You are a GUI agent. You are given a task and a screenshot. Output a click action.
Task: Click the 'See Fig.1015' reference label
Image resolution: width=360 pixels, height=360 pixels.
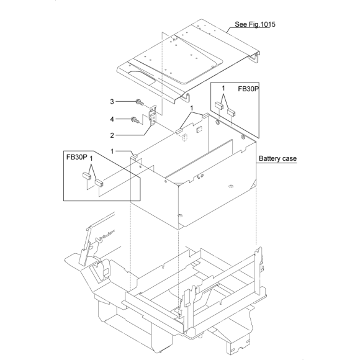(255, 24)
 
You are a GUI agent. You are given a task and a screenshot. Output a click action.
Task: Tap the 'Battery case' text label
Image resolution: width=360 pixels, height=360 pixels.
(277, 159)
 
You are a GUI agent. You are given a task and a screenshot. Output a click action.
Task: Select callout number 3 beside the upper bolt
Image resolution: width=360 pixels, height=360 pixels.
(112, 101)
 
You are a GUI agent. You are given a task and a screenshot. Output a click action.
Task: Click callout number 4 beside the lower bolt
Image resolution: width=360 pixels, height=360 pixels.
(112, 119)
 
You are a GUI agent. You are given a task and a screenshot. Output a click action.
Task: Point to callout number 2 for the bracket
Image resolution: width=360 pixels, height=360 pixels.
(112, 135)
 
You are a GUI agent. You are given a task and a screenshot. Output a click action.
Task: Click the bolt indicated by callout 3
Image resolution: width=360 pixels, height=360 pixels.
(140, 102)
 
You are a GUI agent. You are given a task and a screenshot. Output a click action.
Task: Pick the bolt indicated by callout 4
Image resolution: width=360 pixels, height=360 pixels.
(134, 119)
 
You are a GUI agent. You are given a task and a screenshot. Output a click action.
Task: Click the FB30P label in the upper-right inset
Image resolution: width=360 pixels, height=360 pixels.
(248, 89)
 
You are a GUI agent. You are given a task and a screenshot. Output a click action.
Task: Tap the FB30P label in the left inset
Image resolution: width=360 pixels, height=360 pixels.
(77, 157)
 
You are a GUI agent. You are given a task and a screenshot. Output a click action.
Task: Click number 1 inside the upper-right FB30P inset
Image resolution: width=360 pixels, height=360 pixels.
(223, 88)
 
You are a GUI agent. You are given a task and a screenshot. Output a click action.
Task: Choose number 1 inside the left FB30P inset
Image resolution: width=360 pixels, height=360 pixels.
(91, 159)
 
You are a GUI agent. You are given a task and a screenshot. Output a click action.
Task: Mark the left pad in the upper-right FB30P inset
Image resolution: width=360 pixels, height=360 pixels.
(219, 106)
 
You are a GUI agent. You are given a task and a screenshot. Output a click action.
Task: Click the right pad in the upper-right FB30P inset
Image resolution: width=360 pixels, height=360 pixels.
(231, 112)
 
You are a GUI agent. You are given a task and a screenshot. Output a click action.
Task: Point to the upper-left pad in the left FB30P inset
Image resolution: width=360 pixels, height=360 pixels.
(87, 176)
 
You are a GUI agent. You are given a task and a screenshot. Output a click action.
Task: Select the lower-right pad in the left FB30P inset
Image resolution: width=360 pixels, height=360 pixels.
(99, 182)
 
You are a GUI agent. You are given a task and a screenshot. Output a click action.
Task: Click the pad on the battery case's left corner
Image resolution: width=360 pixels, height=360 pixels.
(134, 156)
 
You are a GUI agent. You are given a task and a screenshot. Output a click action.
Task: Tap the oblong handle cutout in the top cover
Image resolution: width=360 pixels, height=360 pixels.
(142, 78)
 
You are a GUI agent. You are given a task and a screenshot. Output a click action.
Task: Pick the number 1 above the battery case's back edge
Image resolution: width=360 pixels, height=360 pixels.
(192, 108)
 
